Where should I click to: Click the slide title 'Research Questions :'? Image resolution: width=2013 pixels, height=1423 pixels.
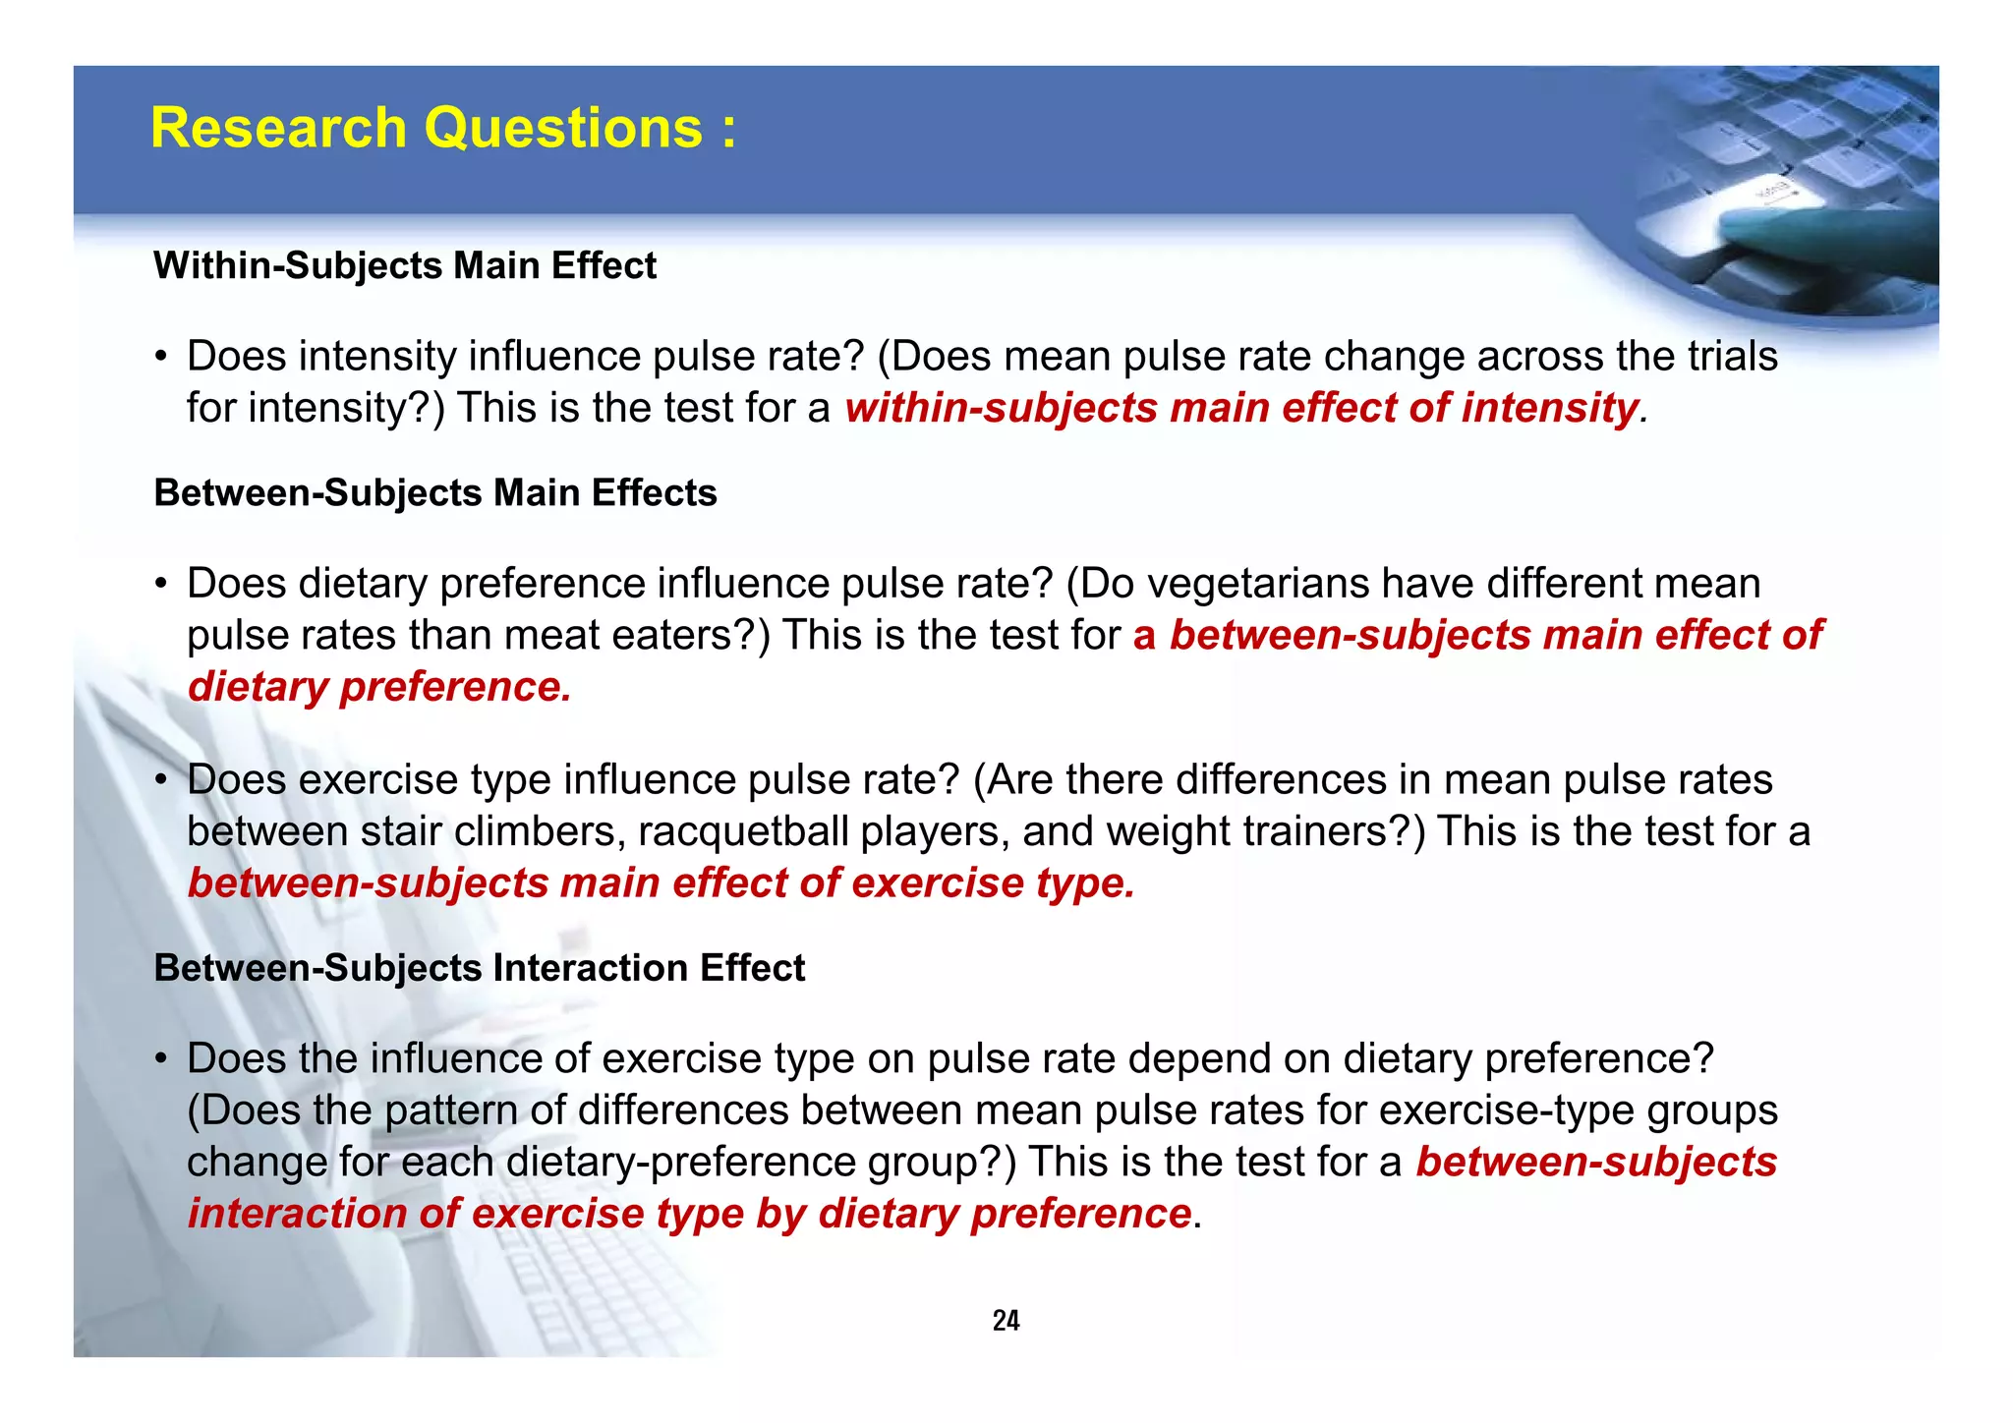click(x=443, y=128)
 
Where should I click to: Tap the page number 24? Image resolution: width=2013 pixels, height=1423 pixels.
click(x=1006, y=1320)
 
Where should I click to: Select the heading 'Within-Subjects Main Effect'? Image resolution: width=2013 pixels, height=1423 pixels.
click(x=405, y=266)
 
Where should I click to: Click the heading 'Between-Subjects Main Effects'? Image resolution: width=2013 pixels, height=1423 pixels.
click(x=435, y=493)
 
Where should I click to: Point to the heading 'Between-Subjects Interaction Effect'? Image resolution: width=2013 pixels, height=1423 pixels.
click(x=480, y=968)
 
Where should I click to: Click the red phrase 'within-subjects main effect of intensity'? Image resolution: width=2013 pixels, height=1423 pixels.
click(x=1242, y=408)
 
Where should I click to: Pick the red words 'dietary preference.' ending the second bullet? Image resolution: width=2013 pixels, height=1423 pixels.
click(x=379, y=687)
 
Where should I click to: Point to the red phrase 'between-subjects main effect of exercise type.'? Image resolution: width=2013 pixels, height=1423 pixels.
click(x=661, y=882)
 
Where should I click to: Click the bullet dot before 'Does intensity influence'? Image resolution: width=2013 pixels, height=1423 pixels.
click(x=160, y=357)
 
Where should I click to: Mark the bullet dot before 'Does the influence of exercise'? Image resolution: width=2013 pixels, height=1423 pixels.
click(x=160, y=1059)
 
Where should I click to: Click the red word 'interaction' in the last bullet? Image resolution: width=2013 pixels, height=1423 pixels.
click(x=297, y=1214)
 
